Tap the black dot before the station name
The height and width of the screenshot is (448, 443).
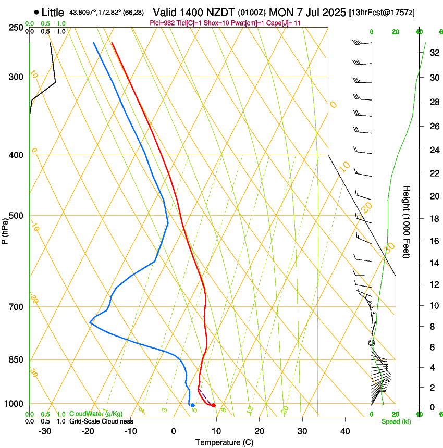click(36, 11)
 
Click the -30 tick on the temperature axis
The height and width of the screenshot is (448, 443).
click(45, 431)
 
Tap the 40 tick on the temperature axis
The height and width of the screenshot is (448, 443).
click(344, 431)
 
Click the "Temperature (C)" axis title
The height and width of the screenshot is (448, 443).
click(224, 442)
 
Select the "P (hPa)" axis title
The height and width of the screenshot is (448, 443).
click(5, 229)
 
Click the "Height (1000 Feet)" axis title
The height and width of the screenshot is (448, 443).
click(407, 222)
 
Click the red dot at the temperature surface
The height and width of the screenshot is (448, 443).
click(214, 405)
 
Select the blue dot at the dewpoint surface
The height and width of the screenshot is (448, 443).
click(193, 405)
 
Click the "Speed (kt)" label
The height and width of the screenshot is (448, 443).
click(396, 421)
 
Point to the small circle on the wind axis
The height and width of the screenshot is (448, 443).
click(372, 343)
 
